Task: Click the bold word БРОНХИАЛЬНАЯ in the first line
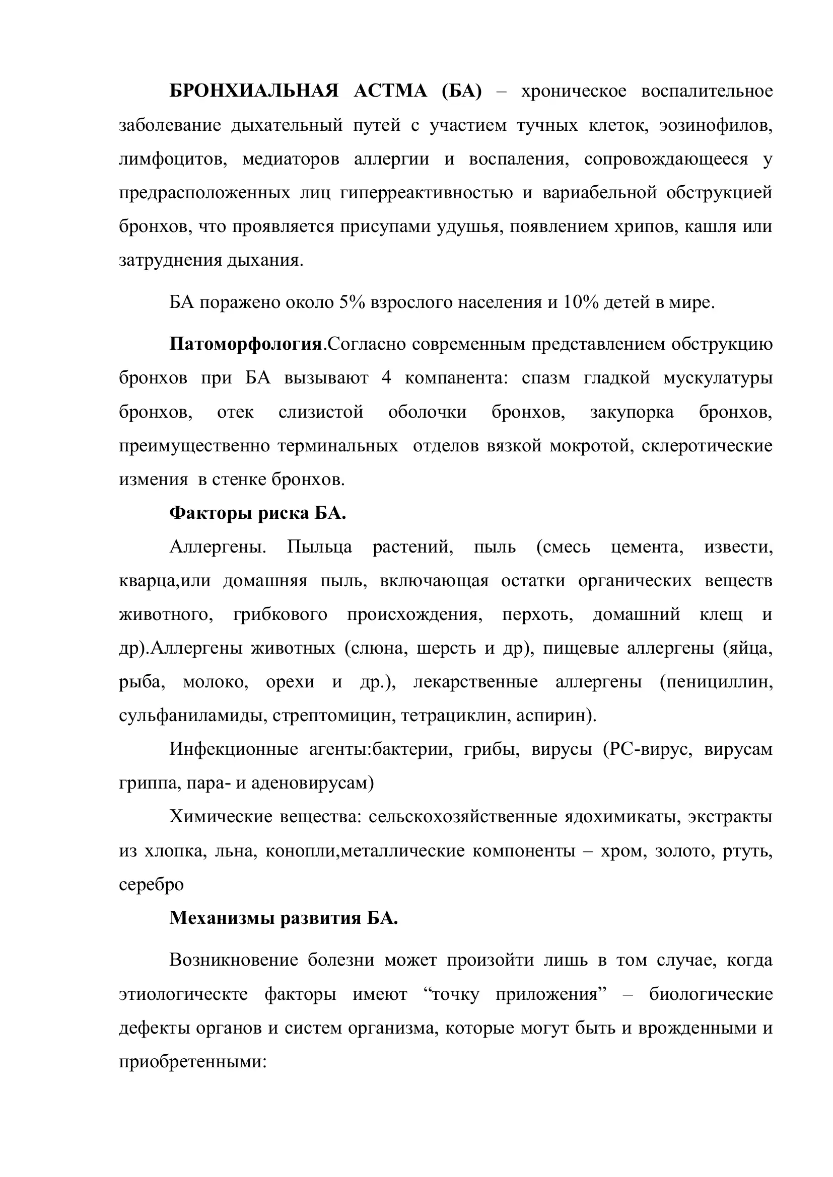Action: click(x=253, y=91)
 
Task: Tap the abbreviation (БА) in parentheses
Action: click(x=461, y=91)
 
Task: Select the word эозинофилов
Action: click(x=716, y=125)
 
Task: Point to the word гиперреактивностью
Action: click(x=426, y=193)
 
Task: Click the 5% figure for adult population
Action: click(x=352, y=303)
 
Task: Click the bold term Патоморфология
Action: click(x=246, y=344)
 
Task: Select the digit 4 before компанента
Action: click(x=386, y=378)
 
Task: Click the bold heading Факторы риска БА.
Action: click(x=257, y=513)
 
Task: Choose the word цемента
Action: click(x=647, y=547)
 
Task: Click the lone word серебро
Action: click(x=151, y=885)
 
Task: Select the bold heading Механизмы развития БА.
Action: click(x=284, y=918)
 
